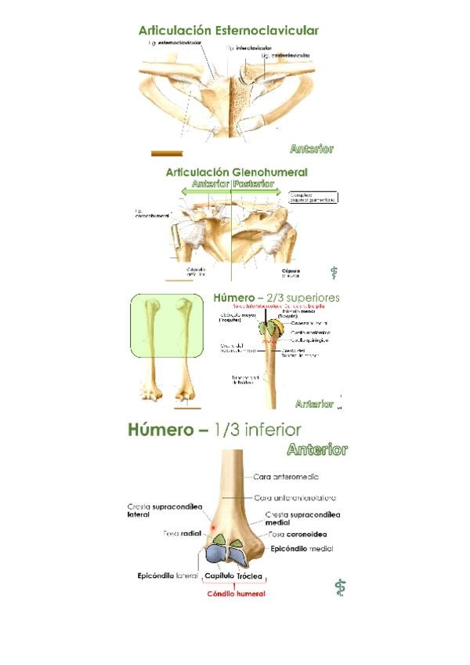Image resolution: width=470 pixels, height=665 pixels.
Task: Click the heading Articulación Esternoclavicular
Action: pos(228,31)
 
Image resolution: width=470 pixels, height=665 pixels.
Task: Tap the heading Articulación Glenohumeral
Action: pos(236,172)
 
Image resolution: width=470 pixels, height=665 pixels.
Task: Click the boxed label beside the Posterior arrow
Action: pos(313,198)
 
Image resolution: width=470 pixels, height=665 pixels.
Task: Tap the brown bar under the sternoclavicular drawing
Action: pos(166,153)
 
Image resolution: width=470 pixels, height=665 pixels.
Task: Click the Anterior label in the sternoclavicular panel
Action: pos(311,148)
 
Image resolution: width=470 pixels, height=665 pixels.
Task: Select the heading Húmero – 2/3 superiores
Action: pos(276,298)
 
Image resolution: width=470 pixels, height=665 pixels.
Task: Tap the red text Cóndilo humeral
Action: pos(236,594)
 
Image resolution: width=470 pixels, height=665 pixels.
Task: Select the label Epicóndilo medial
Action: pos(302,549)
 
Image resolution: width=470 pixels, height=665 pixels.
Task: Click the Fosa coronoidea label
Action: pos(298,534)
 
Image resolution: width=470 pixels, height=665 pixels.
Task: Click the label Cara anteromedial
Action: pos(286,476)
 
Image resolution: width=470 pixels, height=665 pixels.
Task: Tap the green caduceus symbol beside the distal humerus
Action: pos(339,587)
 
